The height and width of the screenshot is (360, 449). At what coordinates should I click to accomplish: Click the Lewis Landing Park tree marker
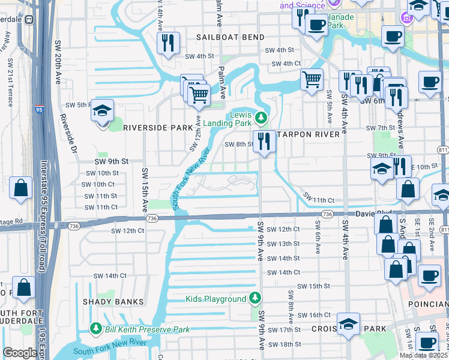261,116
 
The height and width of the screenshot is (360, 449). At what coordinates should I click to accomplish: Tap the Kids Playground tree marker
255,298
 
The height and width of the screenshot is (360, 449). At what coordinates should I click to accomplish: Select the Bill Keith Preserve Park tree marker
95,329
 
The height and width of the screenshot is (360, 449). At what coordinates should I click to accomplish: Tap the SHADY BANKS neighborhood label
113,302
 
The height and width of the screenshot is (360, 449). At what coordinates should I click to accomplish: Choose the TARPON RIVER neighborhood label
310,134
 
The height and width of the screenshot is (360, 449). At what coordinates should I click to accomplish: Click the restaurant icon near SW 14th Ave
167,43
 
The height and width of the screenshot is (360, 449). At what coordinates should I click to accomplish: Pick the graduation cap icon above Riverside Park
103,111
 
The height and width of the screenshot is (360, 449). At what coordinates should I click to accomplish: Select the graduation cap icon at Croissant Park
348,325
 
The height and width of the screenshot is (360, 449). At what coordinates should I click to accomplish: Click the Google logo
20,353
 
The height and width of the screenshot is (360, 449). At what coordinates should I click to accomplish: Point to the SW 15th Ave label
145,190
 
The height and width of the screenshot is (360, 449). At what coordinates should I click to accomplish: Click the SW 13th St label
283,244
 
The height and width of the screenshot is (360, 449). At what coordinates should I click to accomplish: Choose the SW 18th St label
285,344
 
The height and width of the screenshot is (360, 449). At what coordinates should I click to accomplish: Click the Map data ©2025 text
423,355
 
